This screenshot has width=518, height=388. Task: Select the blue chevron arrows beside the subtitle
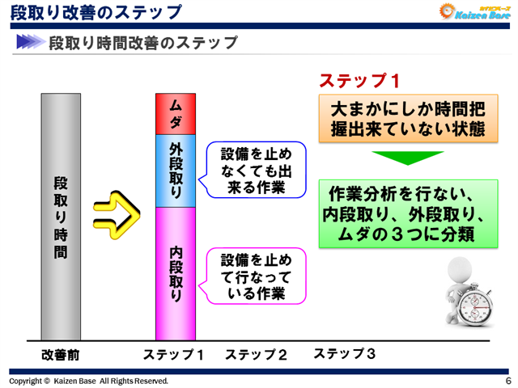pyautogui.click(x=30, y=43)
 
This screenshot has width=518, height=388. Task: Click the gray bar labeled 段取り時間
pyautogui.click(x=60, y=217)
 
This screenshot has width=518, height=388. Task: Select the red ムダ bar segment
pyautogui.click(x=176, y=114)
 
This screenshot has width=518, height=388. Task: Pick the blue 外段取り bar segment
pyautogui.click(x=176, y=171)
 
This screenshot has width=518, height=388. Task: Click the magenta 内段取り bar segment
pyautogui.click(x=176, y=273)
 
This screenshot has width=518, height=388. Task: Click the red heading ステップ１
pyautogui.click(x=359, y=81)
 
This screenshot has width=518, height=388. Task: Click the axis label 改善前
pyautogui.click(x=60, y=355)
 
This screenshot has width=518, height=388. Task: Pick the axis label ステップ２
pyautogui.click(x=256, y=354)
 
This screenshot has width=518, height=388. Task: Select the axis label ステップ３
pyautogui.click(x=344, y=354)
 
